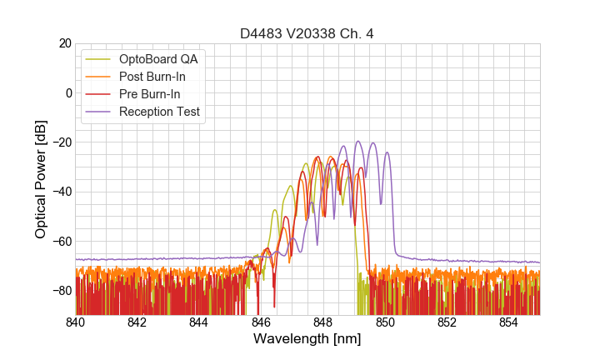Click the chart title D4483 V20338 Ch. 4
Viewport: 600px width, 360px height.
click(x=307, y=33)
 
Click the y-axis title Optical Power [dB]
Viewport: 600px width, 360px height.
click(x=41, y=179)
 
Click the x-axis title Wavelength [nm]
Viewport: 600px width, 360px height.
click(x=307, y=340)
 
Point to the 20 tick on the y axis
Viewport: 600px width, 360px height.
click(x=63, y=43)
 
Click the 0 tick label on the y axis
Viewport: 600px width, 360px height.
click(x=67, y=92)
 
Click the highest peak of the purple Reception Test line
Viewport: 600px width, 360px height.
click(x=358, y=142)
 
